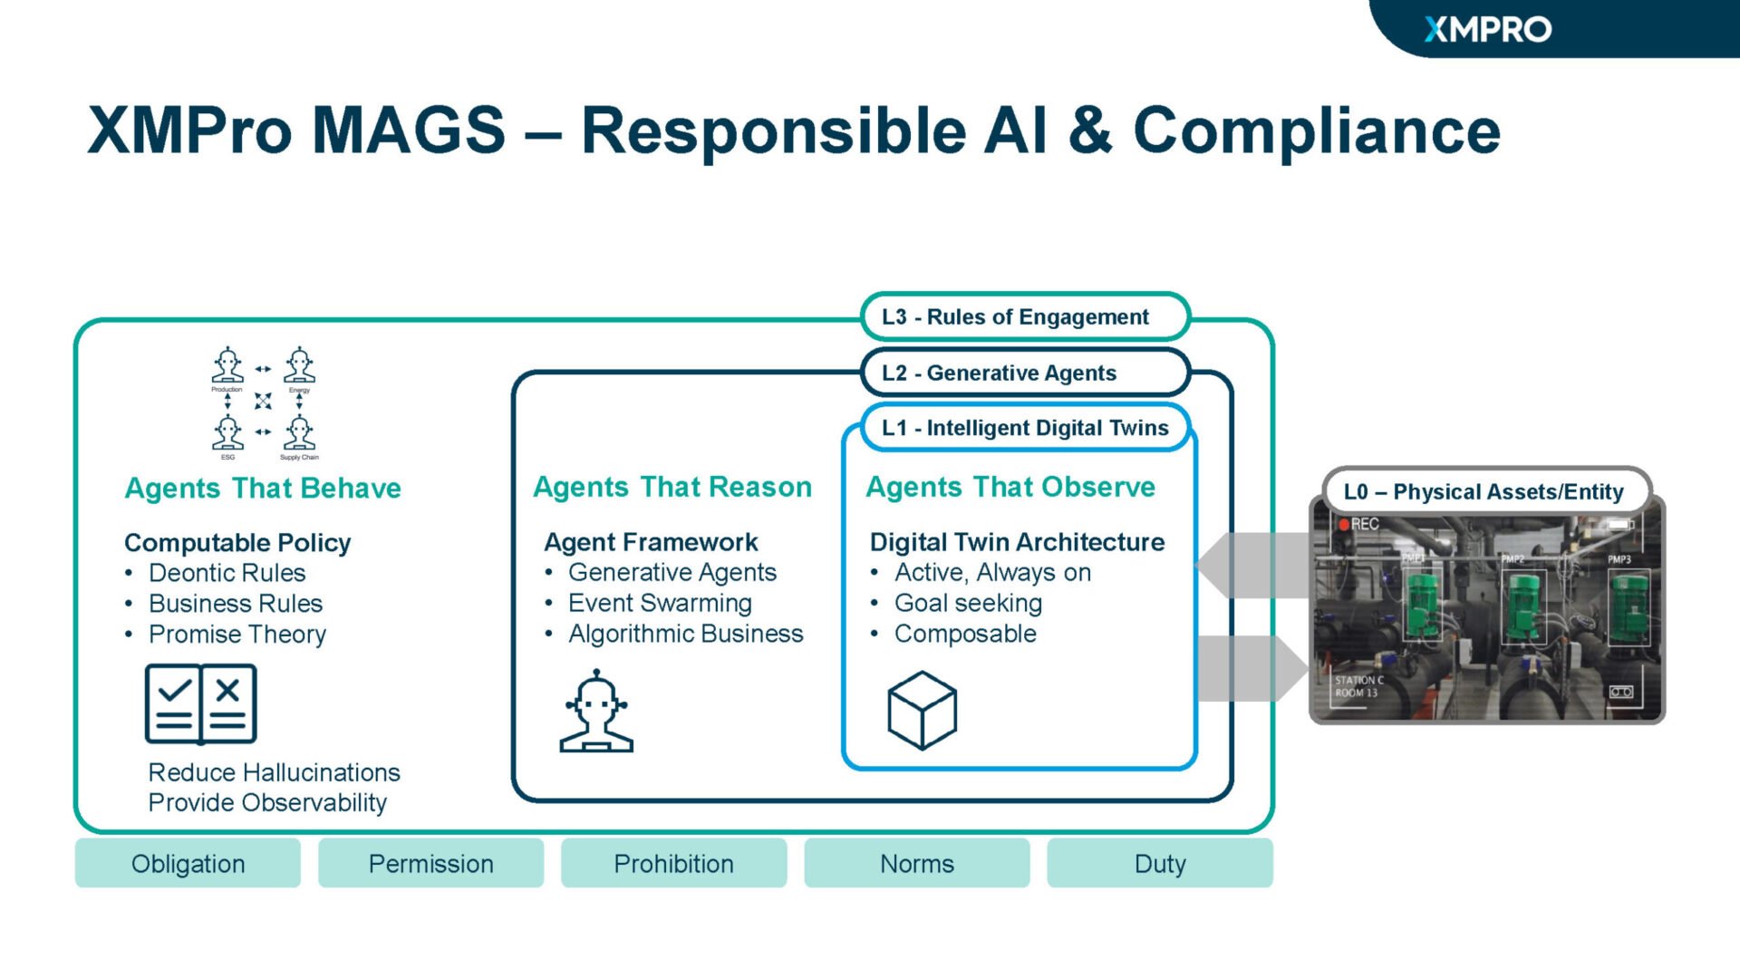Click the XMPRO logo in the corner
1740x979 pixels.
[x=1487, y=30]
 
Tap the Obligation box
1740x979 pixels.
[x=188, y=863]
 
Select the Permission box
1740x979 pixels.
[x=430, y=863]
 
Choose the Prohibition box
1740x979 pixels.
[x=673, y=863]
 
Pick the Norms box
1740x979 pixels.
[x=916, y=863]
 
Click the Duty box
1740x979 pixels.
[x=1159, y=863]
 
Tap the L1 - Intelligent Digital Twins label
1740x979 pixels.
[x=1024, y=428]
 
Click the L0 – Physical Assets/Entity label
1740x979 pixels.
[x=1484, y=491]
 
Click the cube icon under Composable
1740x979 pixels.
[x=922, y=710]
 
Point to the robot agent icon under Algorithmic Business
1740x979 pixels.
[x=595, y=712]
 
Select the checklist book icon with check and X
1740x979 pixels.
[x=200, y=703]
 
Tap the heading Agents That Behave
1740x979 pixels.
[x=263, y=488]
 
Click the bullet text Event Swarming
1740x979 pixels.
[x=660, y=603]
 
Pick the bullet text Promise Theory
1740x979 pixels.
[x=237, y=634]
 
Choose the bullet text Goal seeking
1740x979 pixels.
[x=968, y=603]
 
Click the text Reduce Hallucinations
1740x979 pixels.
[x=274, y=772]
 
